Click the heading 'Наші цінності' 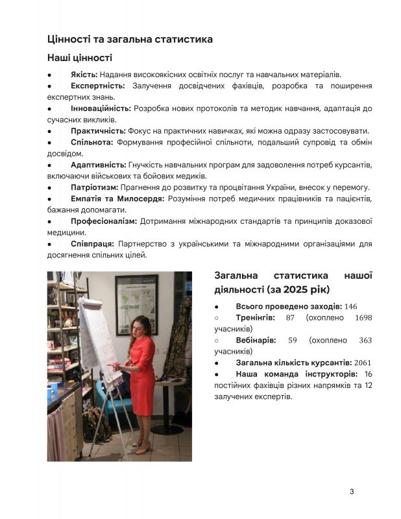(x=80, y=58)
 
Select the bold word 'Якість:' (x=84, y=75)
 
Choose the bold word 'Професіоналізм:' (x=104, y=221)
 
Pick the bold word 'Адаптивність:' (x=98, y=165)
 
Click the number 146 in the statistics (x=351, y=306)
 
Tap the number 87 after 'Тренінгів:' (x=290, y=318)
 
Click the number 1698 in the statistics (x=363, y=318)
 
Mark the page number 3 (x=352, y=491)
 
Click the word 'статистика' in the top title (x=179, y=40)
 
